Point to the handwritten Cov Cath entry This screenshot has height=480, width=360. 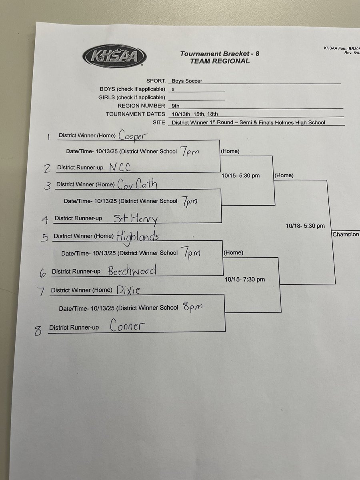pos(137,184)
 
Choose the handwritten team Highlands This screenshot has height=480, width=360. pos(138,236)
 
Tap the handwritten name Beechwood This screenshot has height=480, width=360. pos(132,271)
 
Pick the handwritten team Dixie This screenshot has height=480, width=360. pos(128,290)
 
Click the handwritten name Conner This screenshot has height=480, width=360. pos(126,326)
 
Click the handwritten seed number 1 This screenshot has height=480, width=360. pos(48,137)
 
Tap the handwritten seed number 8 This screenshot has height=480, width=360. pos(38,331)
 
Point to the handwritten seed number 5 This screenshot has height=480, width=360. pos(45,238)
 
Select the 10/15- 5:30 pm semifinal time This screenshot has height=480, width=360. pos(240,175)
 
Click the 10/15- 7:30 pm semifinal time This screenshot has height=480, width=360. pos(245,279)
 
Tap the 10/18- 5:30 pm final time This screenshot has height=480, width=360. pos(305,226)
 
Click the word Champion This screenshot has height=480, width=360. pos(346,234)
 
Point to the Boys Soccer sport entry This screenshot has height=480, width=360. pos(186,81)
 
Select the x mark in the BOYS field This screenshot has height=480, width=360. pos(173,90)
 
